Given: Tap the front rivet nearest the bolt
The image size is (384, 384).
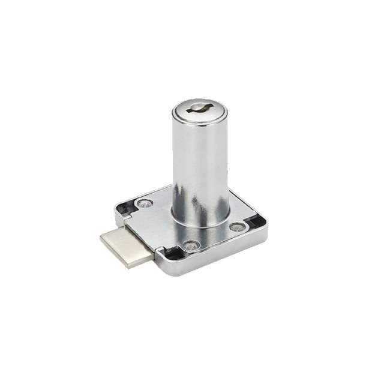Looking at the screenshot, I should [190, 245].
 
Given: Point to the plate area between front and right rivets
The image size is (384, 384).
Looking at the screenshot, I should [216, 238].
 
